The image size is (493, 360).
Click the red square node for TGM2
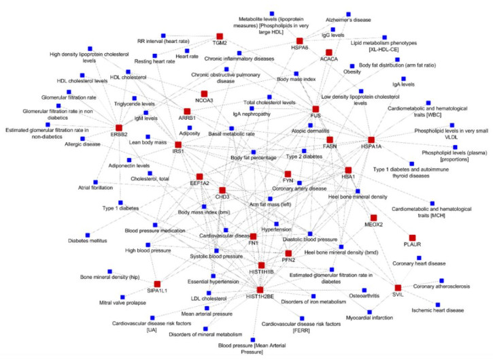220,35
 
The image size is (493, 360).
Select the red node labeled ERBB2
118,127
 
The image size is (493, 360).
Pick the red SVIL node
398,288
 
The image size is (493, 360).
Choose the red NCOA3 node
203,93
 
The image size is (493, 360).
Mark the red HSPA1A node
371,140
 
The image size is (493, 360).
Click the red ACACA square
328,52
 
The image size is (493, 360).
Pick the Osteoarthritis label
348,296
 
